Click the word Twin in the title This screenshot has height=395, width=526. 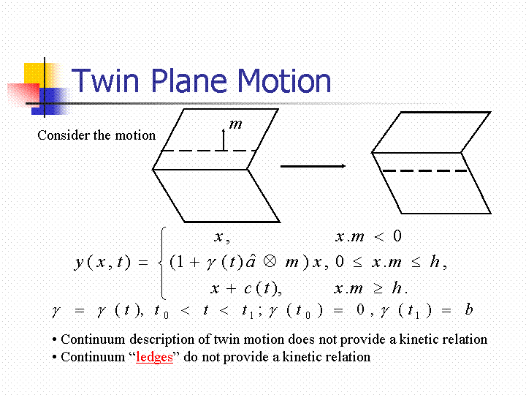pos(105,80)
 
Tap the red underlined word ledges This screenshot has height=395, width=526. pos(154,357)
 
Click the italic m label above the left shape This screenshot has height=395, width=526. pos(235,124)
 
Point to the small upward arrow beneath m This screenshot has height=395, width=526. pos(224,140)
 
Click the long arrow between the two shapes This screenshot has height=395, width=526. pos(313,166)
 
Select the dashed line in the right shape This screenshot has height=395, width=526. pos(424,170)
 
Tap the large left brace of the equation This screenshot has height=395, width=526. pos(162,263)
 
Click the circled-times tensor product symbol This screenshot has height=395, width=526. pos(270,261)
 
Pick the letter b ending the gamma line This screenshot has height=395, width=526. pos(469,309)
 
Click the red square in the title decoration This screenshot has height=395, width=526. pos(23,94)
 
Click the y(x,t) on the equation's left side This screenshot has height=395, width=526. pos(102,262)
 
